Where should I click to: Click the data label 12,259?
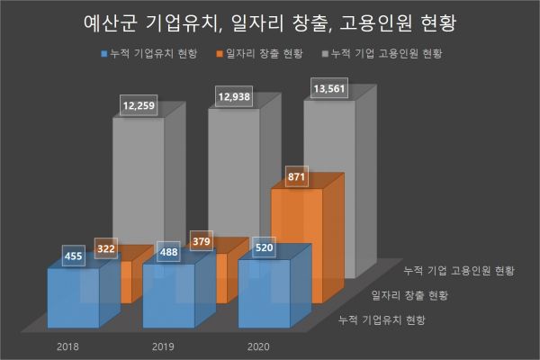pos(139,107)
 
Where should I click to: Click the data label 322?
pos(106,245)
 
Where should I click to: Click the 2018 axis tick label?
pos(67,345)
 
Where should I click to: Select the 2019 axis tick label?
pos(163,345)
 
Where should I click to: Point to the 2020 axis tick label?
pos(258,345)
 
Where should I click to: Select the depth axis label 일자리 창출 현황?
pos(409,294)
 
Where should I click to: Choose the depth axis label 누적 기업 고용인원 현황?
pos(459,270)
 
